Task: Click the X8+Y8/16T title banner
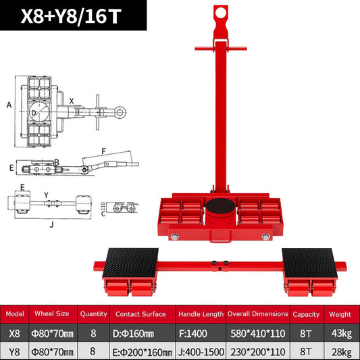(x=74, y=16)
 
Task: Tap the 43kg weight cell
(x=340, y=332)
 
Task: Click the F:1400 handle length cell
(x=199, y=332)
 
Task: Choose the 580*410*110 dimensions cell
(x=257, y=332)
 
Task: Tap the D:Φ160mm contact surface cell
(x=142, y=332)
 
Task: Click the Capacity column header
(x=306, y=314)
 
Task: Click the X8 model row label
(x=18, y=332)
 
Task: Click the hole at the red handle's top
(x=219, y=12)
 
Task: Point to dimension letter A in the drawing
(x=9, y=105)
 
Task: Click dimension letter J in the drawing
(x=51, y=225)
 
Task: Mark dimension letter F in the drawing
(x=103, y=151)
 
